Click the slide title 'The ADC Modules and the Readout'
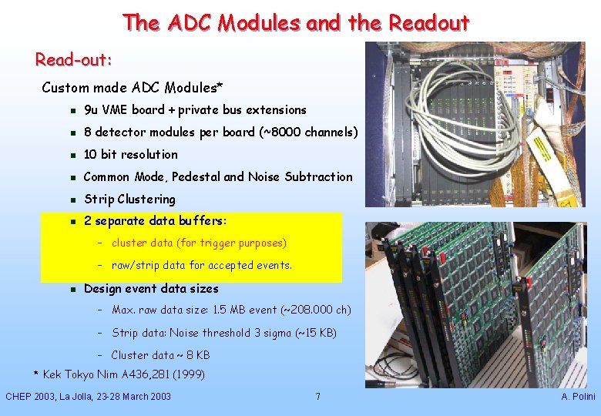click(295, 23)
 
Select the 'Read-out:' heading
click(74, 59)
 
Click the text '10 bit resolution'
click(130, 154)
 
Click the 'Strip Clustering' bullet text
click(129, 199)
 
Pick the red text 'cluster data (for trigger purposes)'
click(199, 243)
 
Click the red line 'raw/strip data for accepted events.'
click(202, 266)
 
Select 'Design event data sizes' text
click(151, 289)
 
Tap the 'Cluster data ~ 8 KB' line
click(160, 355)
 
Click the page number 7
click(317, 397)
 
